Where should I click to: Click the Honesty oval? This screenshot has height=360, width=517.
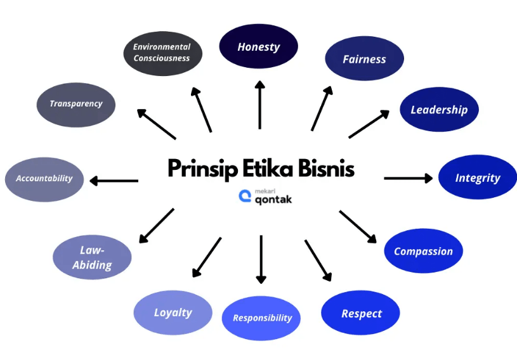[x=258, y=47]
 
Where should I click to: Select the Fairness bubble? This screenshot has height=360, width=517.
[x=364, y=59]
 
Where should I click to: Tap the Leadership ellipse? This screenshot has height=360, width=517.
[x=439, y=110]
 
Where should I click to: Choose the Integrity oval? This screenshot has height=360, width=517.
[x=477, y=178]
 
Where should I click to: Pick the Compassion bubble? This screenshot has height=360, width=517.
[x=423, y=251]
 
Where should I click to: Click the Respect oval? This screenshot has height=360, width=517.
[x=361, y=314]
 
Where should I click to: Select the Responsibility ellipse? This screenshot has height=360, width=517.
[x=261, y=318]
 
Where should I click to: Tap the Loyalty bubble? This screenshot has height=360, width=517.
[x=173, y=312]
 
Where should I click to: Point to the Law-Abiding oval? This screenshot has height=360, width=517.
[x=93, y=257]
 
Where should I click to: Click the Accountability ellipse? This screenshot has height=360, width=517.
[x=44, y=179]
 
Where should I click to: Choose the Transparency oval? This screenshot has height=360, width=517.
[x=76, y=104]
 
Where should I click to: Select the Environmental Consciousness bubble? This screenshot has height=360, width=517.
[x=162, y=53]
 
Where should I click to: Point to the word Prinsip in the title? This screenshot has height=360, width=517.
[x=197, y=169]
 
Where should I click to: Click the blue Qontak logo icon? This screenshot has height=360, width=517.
[x=245, y=196]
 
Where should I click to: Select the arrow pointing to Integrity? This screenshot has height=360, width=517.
[x=408, y=178]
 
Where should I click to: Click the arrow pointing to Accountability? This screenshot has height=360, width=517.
[x=114, y=181]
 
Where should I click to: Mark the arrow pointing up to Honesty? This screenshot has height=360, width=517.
[x=259, y=105]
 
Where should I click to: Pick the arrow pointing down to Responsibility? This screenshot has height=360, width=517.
[x=261, y=259]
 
